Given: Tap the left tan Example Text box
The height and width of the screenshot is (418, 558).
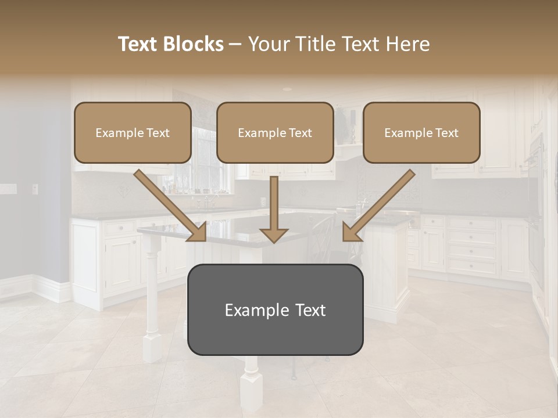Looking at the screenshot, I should [x=133, y=132].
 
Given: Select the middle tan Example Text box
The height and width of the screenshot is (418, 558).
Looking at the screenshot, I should [x=275, y=132].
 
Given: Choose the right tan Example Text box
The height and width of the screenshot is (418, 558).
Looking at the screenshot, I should [x=421, y=132].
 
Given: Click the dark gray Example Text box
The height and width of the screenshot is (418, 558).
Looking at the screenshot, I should [x=275, y=309].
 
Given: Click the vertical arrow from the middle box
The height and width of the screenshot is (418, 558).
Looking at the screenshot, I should [x=274, y=203].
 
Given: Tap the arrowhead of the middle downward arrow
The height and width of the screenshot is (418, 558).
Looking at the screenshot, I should [x=274, y=234].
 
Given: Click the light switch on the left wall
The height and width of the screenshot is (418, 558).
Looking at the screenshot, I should [x=35, y=189].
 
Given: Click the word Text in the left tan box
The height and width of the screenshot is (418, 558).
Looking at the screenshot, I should [x=158, y=133].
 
